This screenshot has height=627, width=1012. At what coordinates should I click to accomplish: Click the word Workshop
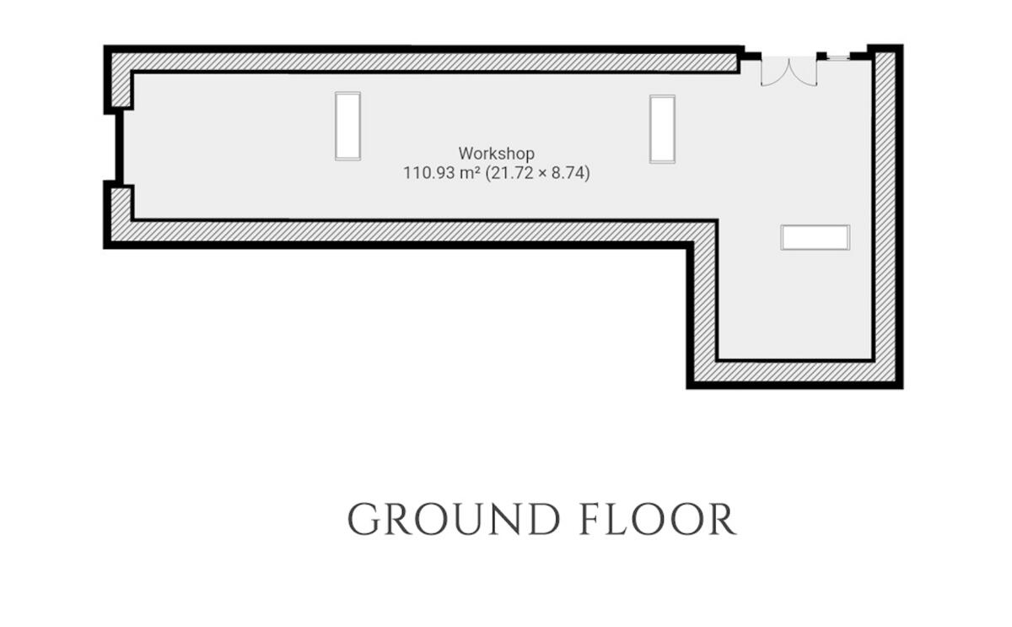[x=496, y=154]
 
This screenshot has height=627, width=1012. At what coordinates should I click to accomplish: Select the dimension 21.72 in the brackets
[x=511, y=174]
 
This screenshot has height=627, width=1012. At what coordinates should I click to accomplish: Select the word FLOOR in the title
[x=657, y=519]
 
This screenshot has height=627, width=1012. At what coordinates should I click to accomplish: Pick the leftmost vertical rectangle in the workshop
[x=347, y=126]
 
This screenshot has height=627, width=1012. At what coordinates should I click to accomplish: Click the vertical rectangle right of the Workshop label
[x=662, y=128]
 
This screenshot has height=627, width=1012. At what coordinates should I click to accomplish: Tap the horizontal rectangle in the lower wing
[x=815, y=237]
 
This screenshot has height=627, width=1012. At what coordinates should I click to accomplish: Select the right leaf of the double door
[x=805, y=72]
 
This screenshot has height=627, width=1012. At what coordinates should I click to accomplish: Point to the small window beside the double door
[x=837, y=56]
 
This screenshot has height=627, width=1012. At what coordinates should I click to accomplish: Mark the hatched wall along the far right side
[x=885, y=211]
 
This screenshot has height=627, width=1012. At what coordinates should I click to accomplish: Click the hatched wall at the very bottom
[x=793, y=372]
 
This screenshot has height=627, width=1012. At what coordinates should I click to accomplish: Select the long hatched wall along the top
[x=422, y=62]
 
